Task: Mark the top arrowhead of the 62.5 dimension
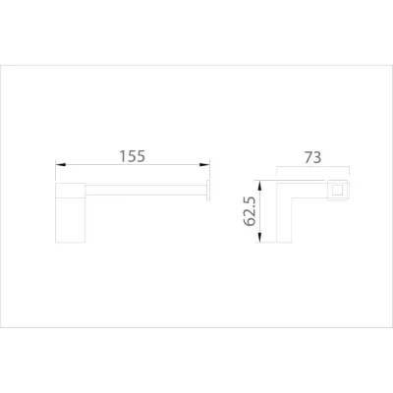[260, 183]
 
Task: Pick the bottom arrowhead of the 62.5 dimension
[260, 239]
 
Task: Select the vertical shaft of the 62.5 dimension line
[260, 210]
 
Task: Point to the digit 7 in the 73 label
[309, 156]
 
